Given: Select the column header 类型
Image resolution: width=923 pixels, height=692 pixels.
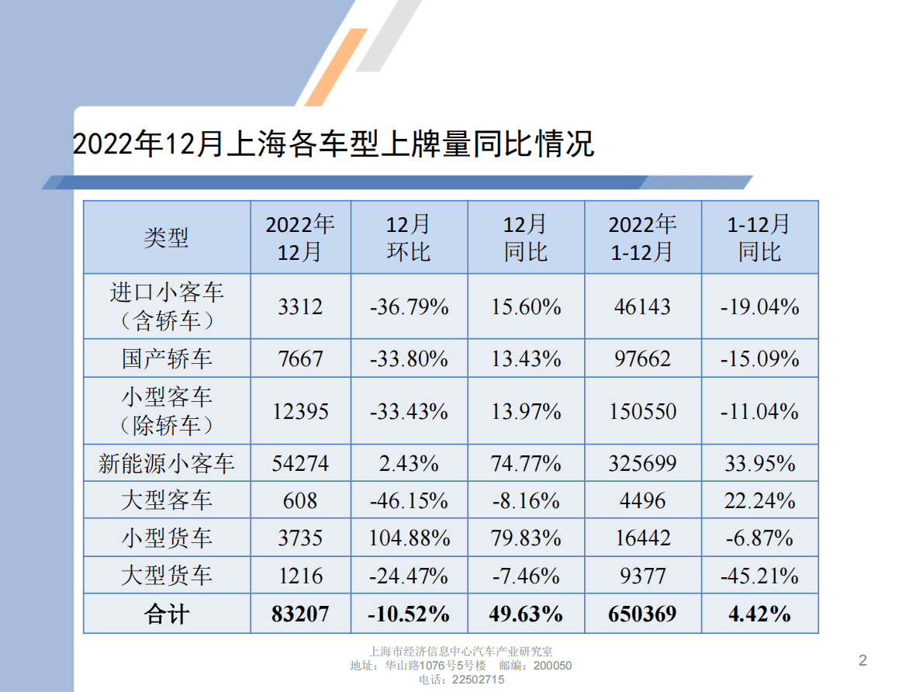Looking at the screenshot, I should coord(166,237).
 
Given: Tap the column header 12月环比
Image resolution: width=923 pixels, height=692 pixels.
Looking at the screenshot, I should coord(409,237).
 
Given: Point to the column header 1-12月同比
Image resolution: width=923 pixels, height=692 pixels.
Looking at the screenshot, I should coord(759,237).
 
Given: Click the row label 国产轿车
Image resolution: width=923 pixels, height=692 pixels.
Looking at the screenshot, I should coord(166,358).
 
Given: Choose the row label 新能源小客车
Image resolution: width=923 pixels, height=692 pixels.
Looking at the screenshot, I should coord(166,464).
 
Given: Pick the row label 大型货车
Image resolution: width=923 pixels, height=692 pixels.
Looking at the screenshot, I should coord(166,576).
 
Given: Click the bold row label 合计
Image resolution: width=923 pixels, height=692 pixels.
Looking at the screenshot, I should coord(166,614).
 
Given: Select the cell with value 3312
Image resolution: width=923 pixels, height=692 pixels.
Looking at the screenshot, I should coord(300,307).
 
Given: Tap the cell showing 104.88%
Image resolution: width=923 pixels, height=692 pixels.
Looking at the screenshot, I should coord(410,538).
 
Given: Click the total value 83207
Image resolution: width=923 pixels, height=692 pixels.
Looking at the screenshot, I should coord(300,614).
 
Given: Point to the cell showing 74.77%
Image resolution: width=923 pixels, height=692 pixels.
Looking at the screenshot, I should coord(526,464).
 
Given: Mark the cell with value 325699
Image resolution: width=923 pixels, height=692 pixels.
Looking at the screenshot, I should coord(642,464).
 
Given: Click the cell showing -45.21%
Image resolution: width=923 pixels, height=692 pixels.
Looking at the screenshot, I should coord(759,576).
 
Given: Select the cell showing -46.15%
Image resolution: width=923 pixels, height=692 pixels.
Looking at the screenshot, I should coord(410,501).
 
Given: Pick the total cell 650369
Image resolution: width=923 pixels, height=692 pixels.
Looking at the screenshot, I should coord(642,614).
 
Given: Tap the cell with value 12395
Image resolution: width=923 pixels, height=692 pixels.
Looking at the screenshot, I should coord(300,411).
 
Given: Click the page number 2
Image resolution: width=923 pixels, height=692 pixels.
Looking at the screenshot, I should coord(863,661).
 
